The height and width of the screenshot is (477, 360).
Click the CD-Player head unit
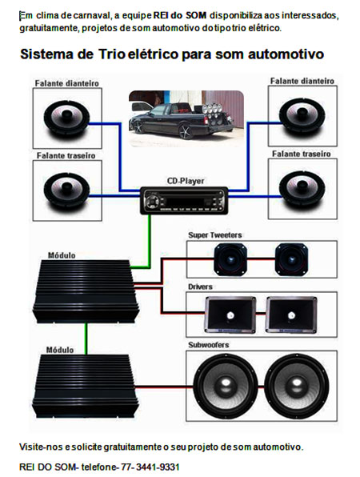click(184, 201)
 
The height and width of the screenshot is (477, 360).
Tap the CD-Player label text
click(186, 181)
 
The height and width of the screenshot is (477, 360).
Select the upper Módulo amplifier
click(86, 291)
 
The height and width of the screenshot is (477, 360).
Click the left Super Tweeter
click(230, 259)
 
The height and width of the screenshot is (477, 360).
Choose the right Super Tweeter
click(291, 259)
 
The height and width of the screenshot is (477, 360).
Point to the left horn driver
click(230, 315)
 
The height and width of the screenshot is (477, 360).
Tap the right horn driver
click(291, 315)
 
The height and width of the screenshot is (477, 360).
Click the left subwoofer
click(226, 386)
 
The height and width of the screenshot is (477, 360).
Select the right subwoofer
click(297, 386)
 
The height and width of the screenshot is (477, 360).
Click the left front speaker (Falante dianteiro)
click(67, 118)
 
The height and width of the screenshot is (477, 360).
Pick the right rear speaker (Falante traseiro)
click(302, 189)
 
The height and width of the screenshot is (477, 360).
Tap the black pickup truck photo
click(186, 118)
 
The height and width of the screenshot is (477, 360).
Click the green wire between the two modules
click(86, 339)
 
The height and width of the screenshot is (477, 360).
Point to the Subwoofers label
click(208, 345)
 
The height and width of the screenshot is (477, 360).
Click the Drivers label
click(200, 287)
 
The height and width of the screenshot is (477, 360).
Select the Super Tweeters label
click(215, 235)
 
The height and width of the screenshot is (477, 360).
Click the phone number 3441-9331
click(158, 467)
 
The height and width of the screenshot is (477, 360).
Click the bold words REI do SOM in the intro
click(180, 15)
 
